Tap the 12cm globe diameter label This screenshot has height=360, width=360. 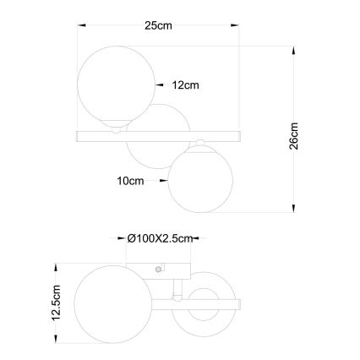pos(185,85)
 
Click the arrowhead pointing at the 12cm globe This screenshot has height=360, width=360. pos(159,85)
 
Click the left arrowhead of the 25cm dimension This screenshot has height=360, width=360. pos(82,27)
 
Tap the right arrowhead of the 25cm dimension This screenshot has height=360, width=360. pos(234,27)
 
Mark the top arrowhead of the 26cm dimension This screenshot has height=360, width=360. pos(293,52)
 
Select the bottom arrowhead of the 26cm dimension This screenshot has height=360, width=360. pos(293,209)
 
